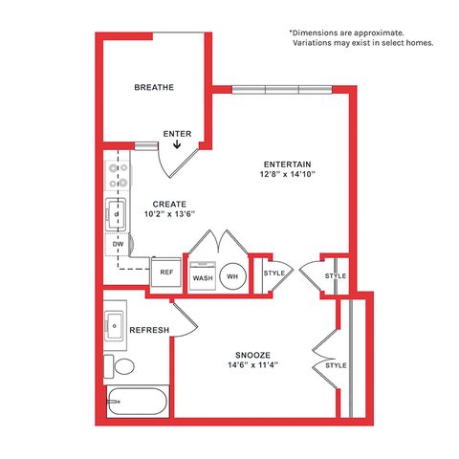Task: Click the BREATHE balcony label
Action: pos(154,87)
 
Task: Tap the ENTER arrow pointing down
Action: pos(177,145)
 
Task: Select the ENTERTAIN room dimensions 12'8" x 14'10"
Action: pos(288,174)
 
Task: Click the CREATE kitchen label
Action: pos(169,204)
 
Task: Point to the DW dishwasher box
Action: pos(118,245)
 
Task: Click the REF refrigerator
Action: pos(166,272)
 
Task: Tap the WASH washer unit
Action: pos(203,276)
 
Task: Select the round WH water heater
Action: pos(233,276)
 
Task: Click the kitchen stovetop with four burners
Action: pos(117,176)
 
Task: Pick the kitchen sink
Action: pos(116,214)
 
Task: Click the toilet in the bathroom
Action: pos(120,366)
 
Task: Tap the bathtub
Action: pos(138,401)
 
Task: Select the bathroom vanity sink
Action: pos(115,326)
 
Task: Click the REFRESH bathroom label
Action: pos(149,330)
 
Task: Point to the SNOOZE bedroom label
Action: pos(252,355)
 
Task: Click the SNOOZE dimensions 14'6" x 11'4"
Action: pos(253,365)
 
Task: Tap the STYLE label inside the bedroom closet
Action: pos(336,365)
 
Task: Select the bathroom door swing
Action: pos(185,320)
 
